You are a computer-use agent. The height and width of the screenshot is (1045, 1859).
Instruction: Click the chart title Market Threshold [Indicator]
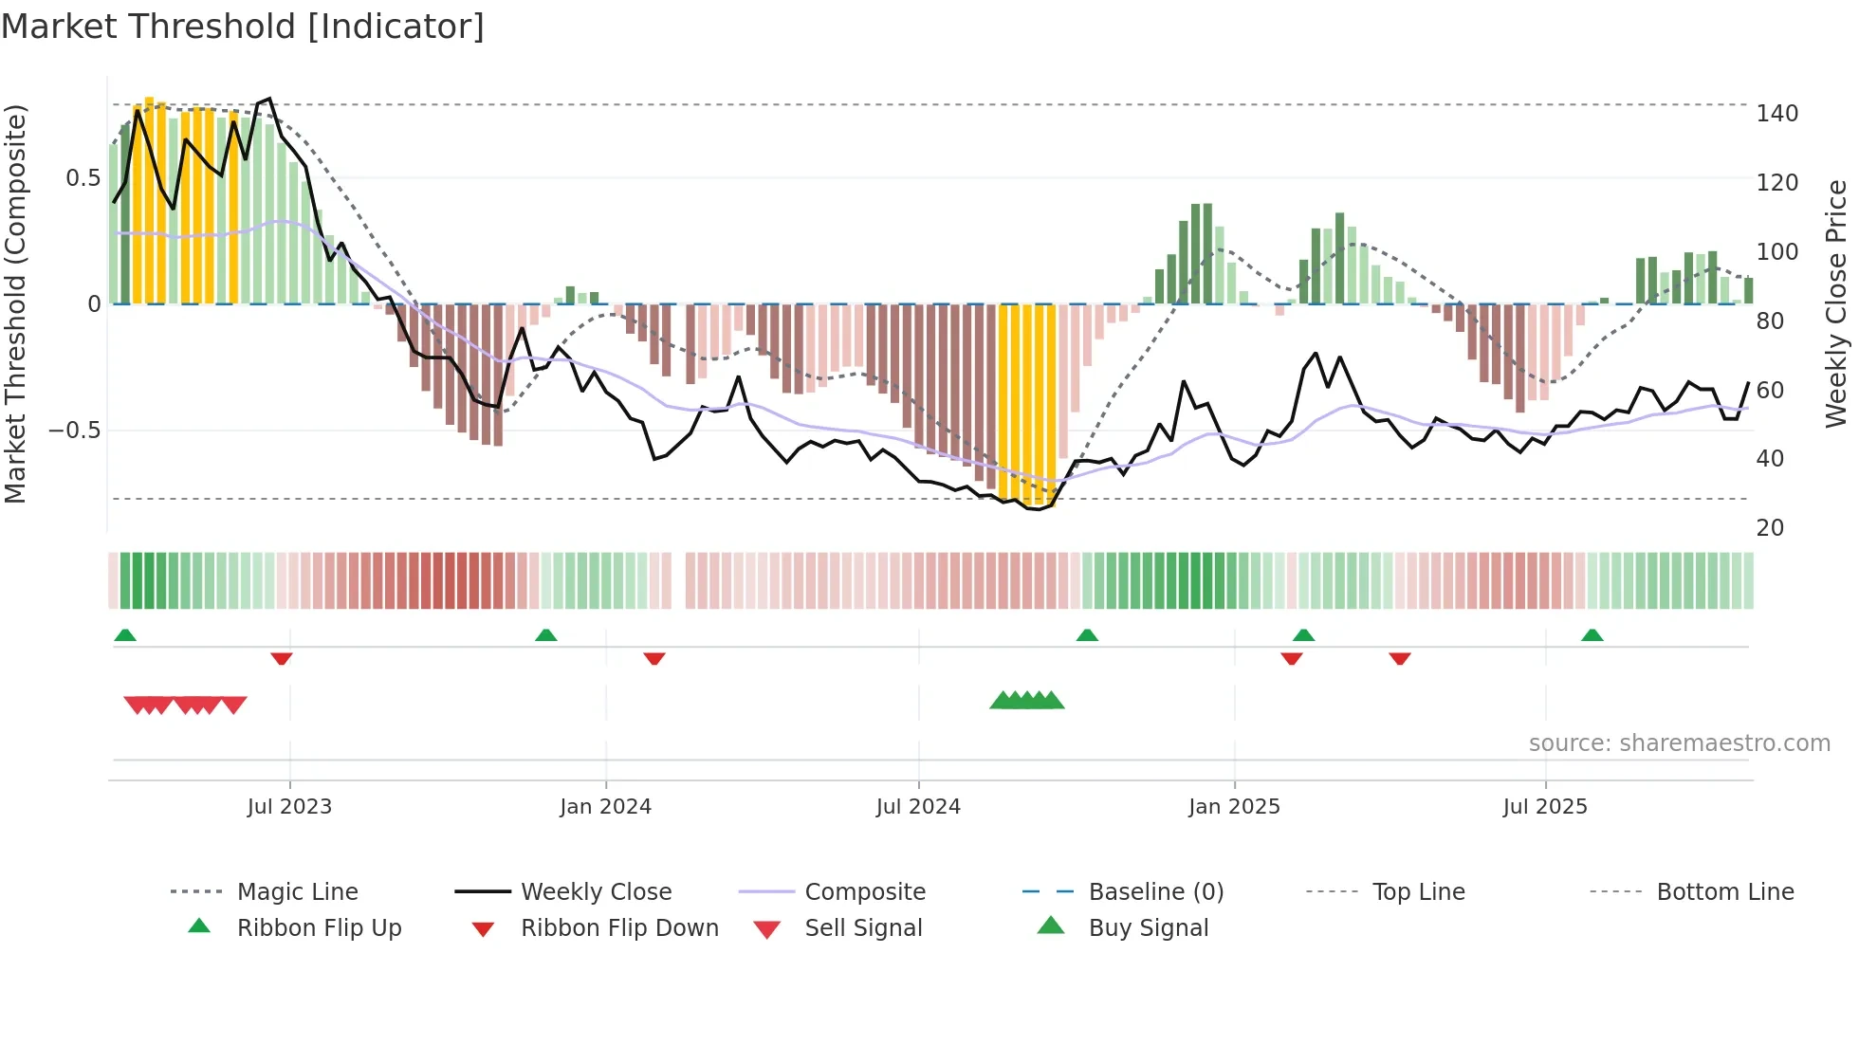[243, 27]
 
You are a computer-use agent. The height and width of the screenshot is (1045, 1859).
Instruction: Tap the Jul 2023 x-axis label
[289, 807]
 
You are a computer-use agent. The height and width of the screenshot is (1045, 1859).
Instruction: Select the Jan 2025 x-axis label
[1234, 807]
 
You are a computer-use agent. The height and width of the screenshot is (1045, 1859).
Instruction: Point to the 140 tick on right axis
[1776, 114]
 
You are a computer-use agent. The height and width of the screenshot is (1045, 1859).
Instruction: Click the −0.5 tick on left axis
[75, 431]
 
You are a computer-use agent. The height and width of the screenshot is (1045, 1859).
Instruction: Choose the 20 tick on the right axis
[1770, 528]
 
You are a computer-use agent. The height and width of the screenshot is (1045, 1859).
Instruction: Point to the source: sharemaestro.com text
[1679, 743]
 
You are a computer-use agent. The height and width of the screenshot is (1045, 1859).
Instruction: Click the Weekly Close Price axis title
[1836, 303]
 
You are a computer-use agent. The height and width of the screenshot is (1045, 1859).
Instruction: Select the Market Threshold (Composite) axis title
[15, 303]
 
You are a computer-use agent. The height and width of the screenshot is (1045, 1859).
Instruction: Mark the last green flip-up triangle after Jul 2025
[1592, 635]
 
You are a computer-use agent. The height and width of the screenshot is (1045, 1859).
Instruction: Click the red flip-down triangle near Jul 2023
[282, 658]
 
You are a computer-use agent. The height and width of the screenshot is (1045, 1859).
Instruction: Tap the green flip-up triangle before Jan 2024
[545, 635]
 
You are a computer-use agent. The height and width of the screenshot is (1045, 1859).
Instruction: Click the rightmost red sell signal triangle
[234, 705]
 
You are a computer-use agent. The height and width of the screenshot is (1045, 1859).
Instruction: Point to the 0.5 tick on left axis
[83, 178]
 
